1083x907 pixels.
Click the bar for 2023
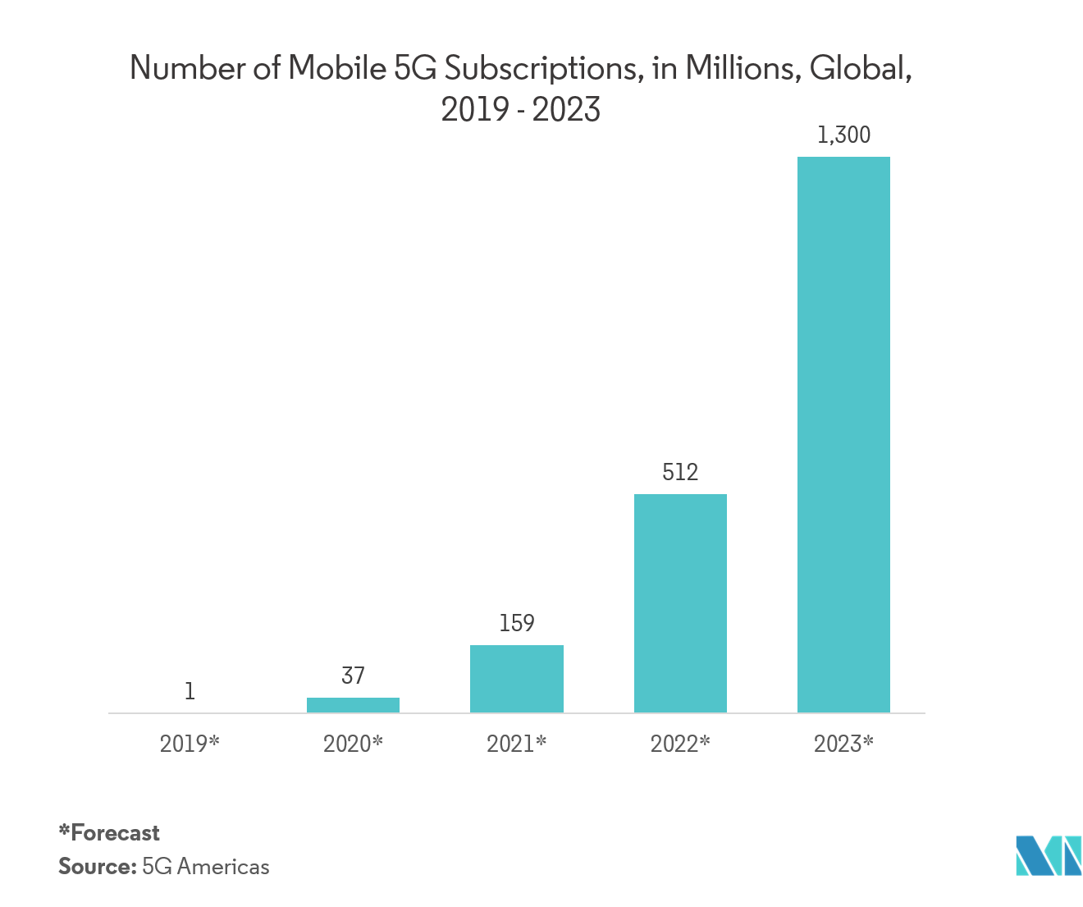tap(843, 434)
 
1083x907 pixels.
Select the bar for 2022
tap(680, 602)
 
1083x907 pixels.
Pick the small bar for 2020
tap(353, 705)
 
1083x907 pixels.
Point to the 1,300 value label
tap(843, 135)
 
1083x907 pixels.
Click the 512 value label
tap(680, 472)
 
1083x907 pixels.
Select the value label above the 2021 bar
tap(517, 624)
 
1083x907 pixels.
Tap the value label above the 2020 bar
tap(353, 676)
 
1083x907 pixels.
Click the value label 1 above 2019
tap(190, 689)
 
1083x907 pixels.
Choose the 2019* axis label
tap(190, 744)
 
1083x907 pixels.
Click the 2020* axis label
tap(353, 744)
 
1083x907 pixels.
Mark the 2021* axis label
tap(517, 744)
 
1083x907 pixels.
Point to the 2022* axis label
tap(680, 744)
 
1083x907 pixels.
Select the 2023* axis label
tap(843, 744)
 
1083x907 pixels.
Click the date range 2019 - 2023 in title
tap(521, 110)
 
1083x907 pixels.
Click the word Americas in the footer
tap(223, 867)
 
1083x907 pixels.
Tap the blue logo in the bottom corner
tap(1048, 854)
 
